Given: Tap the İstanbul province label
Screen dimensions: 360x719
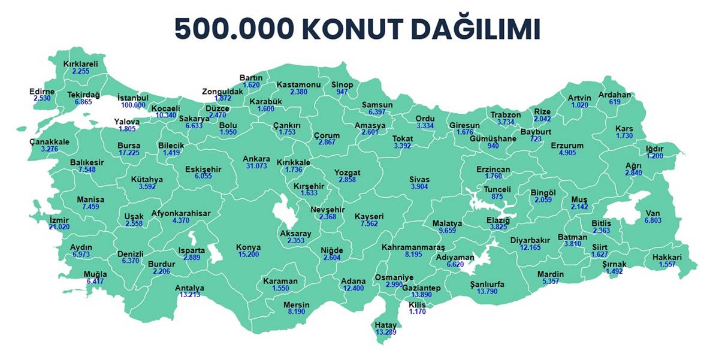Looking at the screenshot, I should coord(132,98).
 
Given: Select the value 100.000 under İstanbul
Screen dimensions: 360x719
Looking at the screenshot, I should coord(132,105).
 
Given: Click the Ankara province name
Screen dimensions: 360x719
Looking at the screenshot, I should coord(256,159).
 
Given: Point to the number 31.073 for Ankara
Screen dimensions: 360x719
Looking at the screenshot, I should coord(256,166).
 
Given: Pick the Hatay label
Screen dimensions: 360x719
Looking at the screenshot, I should coord(386,325).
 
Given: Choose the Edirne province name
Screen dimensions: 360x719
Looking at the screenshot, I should coord(42,91).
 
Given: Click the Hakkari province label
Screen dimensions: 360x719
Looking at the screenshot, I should coord(667,258).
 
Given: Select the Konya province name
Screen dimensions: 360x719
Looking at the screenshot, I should coord(248,247).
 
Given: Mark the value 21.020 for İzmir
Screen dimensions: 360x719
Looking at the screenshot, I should coord(59,227).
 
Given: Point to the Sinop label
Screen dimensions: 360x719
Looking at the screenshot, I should coord(342,84).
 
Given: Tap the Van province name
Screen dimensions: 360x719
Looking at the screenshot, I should coord(652,213).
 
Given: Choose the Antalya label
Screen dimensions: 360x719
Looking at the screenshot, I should coord(189,288).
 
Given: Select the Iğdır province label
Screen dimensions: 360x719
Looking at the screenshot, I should coord(671,148).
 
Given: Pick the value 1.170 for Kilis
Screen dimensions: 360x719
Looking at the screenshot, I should coord(417,311).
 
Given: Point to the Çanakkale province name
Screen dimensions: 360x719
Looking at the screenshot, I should coord(50,141).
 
